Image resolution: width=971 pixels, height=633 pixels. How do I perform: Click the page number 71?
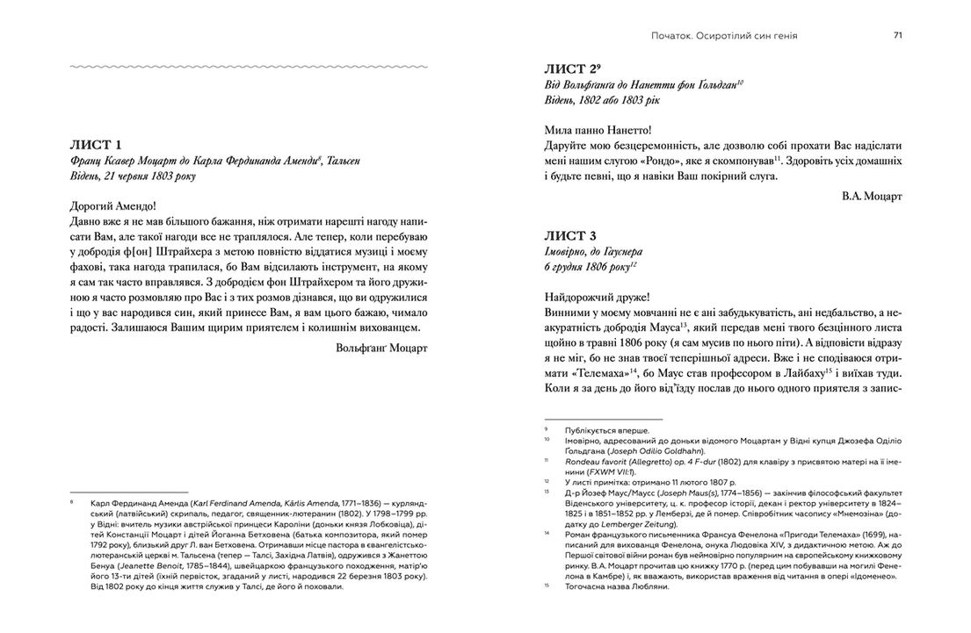pyautogui.click(x=897, y=35)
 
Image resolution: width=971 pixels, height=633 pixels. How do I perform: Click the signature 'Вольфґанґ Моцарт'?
pyautogui.click(x=381, y=348)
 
